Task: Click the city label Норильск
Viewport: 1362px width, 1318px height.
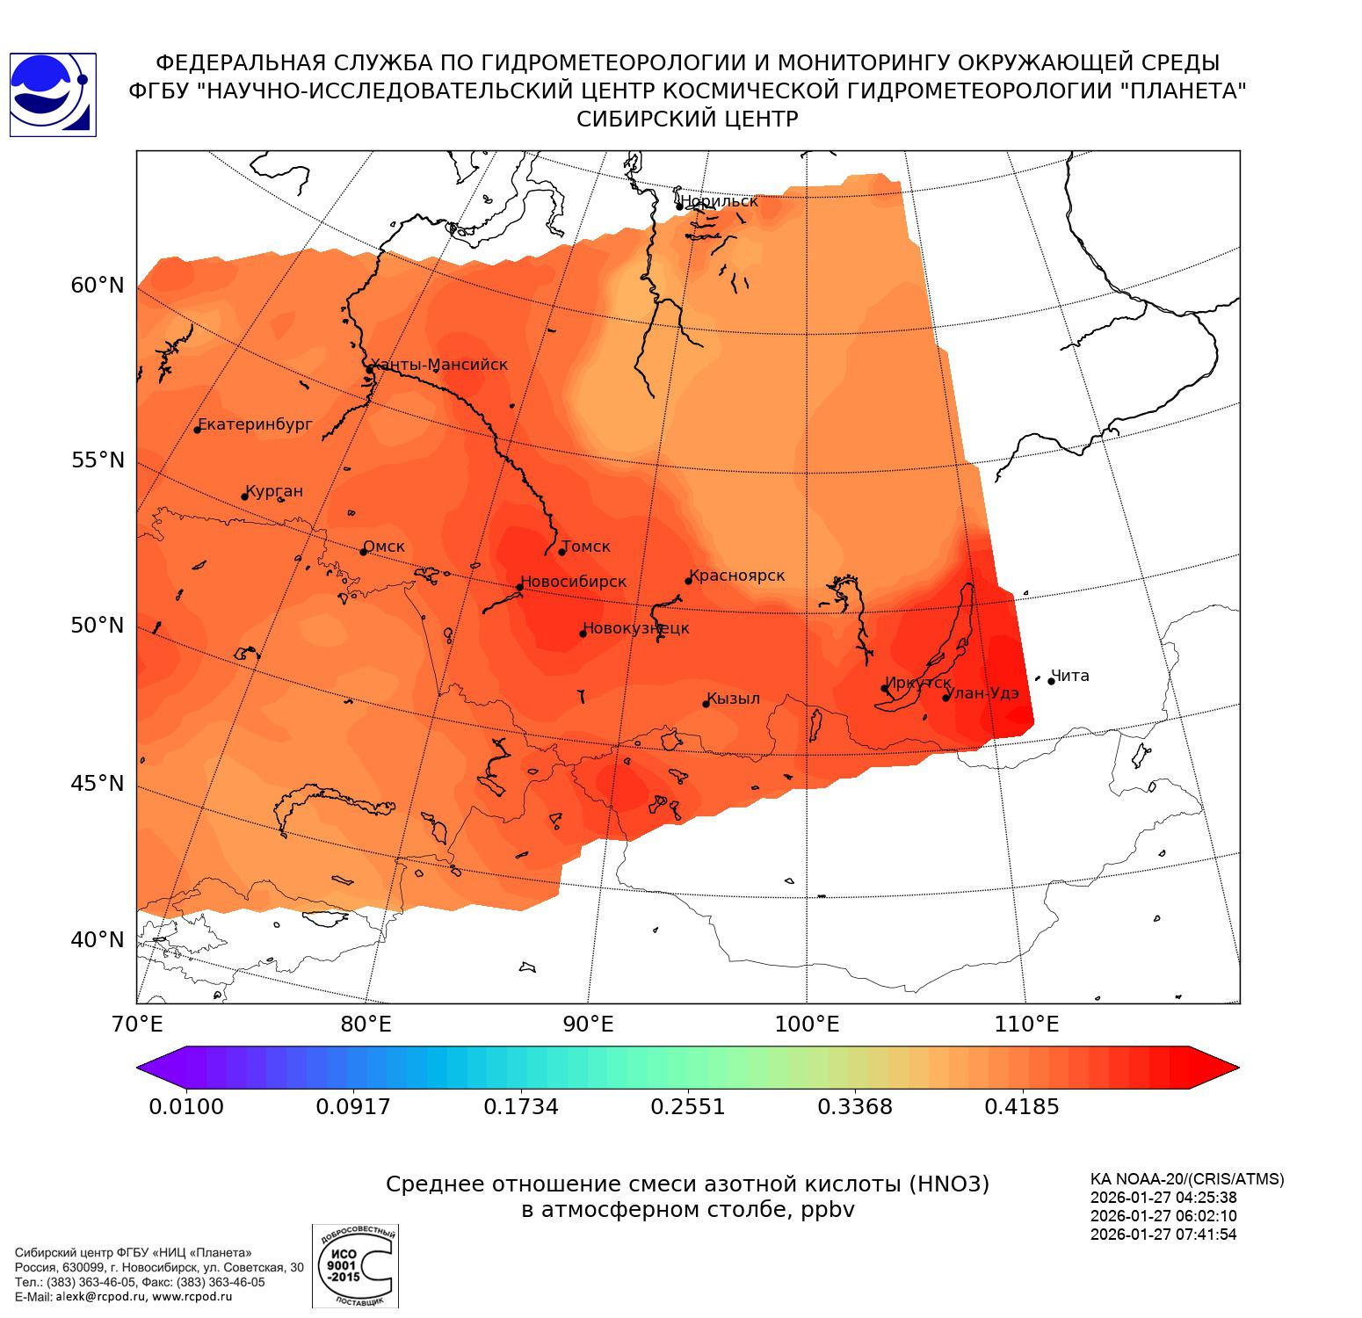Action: [719, 201]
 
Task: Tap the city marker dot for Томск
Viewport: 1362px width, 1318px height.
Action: [562, 552]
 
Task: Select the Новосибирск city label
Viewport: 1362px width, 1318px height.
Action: [574, 582]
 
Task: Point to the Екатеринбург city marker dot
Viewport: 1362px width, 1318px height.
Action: [198, 430]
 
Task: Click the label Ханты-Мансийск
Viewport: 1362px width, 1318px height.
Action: [439, 365]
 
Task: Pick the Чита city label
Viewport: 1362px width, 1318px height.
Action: [1070, 676]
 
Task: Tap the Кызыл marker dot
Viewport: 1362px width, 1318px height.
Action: [706, 704]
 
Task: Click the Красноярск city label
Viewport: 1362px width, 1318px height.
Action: [736, 576]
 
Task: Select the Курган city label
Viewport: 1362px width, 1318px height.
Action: [274, 491]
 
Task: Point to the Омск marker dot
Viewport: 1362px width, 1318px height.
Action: [363, 552]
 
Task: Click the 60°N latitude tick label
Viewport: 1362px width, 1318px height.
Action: [98, 286]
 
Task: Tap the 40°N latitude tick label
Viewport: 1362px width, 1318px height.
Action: [98, 940]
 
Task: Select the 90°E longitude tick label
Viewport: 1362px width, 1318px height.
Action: [588, 1025]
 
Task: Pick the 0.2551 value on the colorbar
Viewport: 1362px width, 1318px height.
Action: [688, 1106]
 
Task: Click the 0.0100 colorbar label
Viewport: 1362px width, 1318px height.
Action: [186, 1106]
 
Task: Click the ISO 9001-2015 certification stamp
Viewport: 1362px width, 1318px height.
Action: [355, 1266]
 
